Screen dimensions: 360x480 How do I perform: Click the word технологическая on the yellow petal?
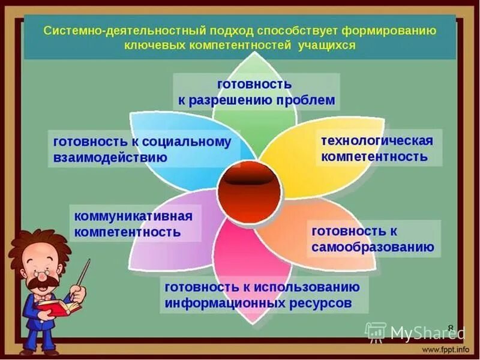click(377, 141)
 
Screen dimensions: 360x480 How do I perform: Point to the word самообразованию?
click(373, 247)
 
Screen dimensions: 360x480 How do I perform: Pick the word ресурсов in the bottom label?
click(321, 304)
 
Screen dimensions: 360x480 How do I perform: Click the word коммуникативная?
click(134, 216)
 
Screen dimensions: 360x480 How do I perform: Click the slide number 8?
click(451, 320)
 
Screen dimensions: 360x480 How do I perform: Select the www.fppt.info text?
click(445, 348)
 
